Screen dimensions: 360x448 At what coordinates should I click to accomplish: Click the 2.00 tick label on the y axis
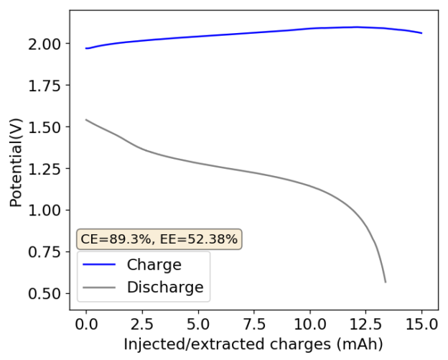click(x=46, y=44)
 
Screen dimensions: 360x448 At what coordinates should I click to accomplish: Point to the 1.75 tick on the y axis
click(x=46, y=86)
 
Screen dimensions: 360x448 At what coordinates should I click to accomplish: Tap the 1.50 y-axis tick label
click(x=46, y=127)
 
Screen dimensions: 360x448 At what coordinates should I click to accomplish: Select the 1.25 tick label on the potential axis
click(x=46, y=169)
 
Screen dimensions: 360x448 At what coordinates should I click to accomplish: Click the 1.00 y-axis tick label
click(x=46, y=211)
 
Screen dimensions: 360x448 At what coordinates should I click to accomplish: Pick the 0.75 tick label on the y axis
click(x=46, y=252)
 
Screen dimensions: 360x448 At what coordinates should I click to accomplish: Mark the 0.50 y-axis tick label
click(x=46, y=294)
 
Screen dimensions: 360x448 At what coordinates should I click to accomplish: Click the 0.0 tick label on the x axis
click(x=86, y=324)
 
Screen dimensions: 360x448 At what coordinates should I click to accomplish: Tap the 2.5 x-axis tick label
click(x=142, y=324)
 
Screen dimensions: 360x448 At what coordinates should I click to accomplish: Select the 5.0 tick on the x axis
click(x=198, y=324)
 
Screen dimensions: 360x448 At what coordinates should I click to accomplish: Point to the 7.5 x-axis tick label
click(x=254, y=324)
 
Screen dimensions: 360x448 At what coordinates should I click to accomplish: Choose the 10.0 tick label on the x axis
click(x=309, y=324)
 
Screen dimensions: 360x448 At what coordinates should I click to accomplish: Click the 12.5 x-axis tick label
click(x=365, y=324)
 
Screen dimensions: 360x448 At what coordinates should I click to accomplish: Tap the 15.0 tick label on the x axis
click(x=421, y=324)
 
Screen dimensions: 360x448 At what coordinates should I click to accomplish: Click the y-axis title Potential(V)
click(x=16, y=160)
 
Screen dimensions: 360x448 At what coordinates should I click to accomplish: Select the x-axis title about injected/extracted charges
click(x=253, y=343)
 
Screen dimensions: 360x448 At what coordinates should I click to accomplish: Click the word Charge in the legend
click(x=154, y=264)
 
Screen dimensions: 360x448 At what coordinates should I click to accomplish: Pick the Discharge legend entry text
click(x=165, y=288)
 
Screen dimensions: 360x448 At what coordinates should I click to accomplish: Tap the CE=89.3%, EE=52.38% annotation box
click(x=159, y=239)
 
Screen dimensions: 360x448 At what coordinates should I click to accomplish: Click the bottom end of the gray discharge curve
click(x=385, y=281)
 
